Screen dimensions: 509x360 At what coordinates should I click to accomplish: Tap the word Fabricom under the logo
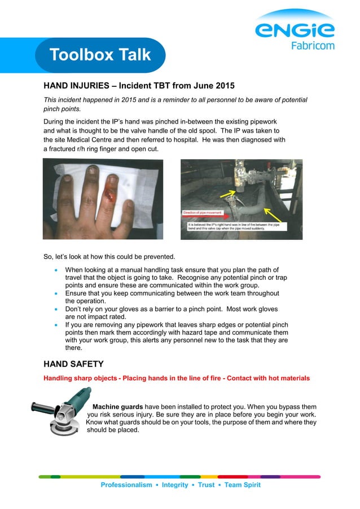click(x=312, y=46)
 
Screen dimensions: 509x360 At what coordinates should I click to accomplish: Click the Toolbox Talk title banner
click(x=100, y=55)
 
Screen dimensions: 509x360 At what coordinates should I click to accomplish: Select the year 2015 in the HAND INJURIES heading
click(x=221, y=86)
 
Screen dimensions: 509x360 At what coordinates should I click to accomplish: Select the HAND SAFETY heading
click(x=73, y=364)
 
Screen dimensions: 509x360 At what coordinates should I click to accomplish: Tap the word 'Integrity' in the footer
click(x=175, y=485)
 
